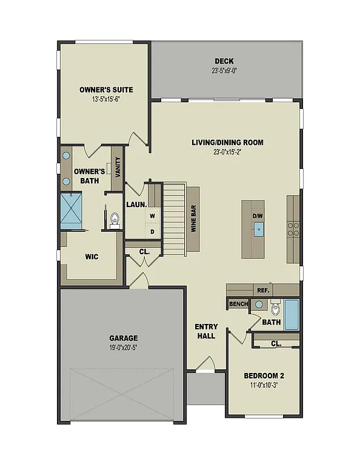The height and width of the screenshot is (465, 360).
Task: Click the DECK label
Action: pyautogui.click(x=224, y=61)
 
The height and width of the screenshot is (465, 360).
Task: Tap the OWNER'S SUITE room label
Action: pyautogui.click(x=106, y=90)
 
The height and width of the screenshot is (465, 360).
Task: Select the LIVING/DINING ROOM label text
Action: pyautogui.click(x=227, y=143)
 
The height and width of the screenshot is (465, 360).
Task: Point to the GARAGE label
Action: pyautogui.click(x=124, y=338)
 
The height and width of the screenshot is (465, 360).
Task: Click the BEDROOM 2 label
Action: pyautogui.click(x=265, y=375)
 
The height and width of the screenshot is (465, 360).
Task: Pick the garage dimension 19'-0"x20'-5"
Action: pyautogui.click(x=124, y=348)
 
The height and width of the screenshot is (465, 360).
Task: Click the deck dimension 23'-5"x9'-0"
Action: pyautogui.click(x=224, y=71)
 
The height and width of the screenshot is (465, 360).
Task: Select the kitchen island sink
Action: pyautogui.click(x=259, y=229)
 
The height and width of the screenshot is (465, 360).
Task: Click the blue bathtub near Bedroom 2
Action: pyautogui.click(x=292, y=314)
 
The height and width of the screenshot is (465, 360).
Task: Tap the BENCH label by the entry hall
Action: pyautogui.click(x=239, y=304)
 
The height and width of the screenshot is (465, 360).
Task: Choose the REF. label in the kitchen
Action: pyautogui.click(x=262, y=290)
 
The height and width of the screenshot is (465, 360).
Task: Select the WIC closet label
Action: pyautogui.click(x=92, y=257)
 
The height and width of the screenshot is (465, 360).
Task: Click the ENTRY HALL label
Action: pyautogui.click(x=206, y=331)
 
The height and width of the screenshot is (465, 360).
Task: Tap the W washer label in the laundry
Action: pyautogui.click(x=153, y=216)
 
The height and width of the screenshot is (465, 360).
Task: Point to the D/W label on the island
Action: pyautogui.click(x=258, y=215)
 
